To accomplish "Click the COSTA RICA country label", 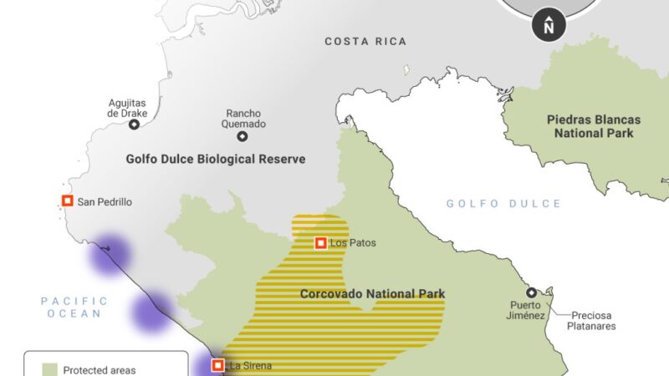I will [x=365, y=41].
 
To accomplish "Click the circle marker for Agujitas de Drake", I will [x=134, y=124].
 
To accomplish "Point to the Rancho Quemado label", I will [x=245, y=119].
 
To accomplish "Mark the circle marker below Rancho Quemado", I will [x=243, y=136].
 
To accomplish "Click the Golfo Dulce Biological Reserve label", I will [x=215, y=159].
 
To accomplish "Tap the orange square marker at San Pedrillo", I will [x=67, y=201].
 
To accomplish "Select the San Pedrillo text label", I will [x=105, y=201].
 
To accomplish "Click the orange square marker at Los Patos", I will [x=320, y=243].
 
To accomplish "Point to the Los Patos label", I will [x=353, y=243].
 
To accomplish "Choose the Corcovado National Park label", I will [x=372, y=293].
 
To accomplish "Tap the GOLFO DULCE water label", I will [x=503, y=203].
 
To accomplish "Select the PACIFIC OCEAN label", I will [x=74, y=307].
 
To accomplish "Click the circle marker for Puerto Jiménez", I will [x=531, y=292].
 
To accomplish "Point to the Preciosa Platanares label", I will [x=594, y=321].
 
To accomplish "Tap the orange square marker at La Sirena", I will [x=217, y=365].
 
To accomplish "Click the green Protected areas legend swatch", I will [x=49, y=369].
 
